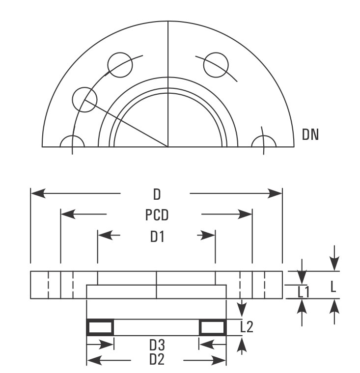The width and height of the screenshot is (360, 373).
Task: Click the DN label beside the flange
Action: [310, 134]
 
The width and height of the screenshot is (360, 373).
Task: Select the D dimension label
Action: [157, 194]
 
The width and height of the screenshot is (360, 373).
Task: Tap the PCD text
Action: [157, 215]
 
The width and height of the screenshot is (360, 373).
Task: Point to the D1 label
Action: [157, 237]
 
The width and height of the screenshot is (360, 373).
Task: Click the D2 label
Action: [157, 360]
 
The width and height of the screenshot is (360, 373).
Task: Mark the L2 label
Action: [247, 326]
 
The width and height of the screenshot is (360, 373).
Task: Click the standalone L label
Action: [333, 286]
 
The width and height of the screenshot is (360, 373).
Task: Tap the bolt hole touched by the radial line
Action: [84, 100]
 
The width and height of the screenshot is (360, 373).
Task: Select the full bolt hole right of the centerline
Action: [216, 64]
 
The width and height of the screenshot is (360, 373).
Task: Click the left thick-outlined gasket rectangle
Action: [100, 327]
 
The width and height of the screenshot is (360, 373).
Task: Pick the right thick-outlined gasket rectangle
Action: [213, 327]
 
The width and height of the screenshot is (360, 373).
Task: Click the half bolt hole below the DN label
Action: [264, 141]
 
